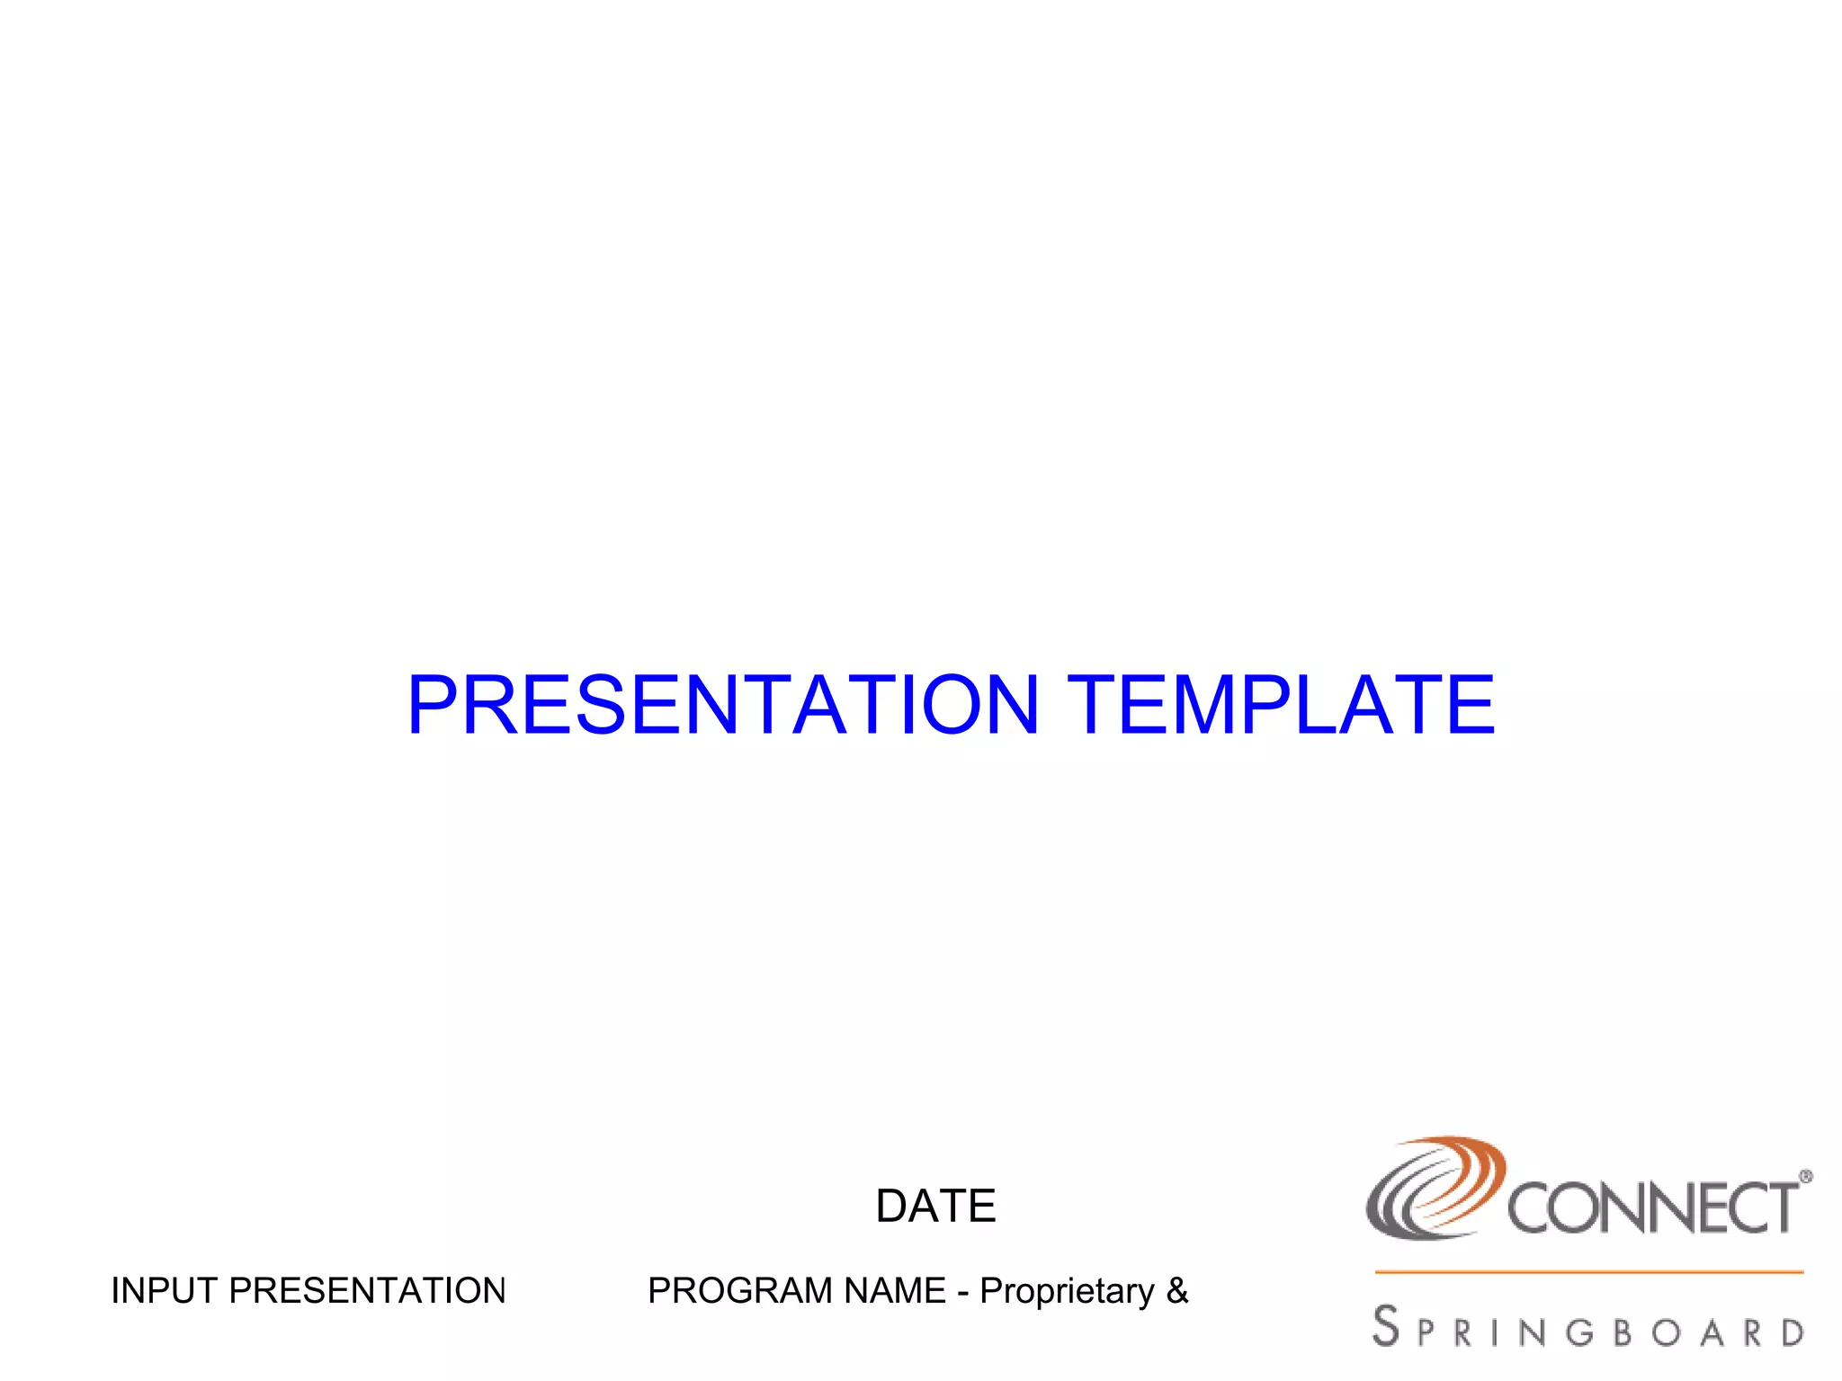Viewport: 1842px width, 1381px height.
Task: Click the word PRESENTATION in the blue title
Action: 724,706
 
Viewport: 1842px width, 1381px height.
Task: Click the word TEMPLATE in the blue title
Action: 1282,706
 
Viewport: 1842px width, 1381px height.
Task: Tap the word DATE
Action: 935,1207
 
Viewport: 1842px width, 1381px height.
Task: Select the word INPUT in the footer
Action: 164,1291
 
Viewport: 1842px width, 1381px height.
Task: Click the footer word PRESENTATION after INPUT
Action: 367,1291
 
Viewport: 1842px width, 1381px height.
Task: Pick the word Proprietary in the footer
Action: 1067,1291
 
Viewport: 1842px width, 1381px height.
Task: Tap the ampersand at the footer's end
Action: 1177,1291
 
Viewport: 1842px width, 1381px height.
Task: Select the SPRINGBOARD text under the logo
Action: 1588,1329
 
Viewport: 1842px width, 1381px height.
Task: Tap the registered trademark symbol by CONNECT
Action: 1805,1176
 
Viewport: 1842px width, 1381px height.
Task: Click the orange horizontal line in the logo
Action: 1588,1272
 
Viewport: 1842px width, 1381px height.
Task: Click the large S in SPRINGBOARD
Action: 1386,1326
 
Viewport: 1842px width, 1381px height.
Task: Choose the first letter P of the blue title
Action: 433,706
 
